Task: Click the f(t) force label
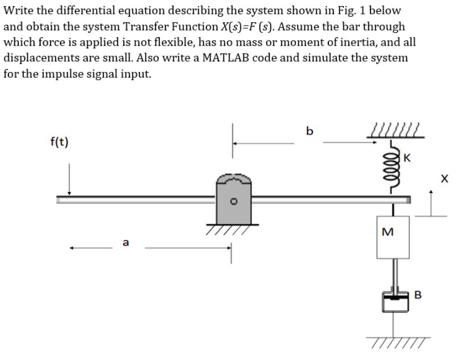pos(59,142)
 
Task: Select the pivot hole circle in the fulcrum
pos(234,202)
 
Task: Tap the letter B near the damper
pos(418,294)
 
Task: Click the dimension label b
pos(309,131)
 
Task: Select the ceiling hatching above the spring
pos(396,132)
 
